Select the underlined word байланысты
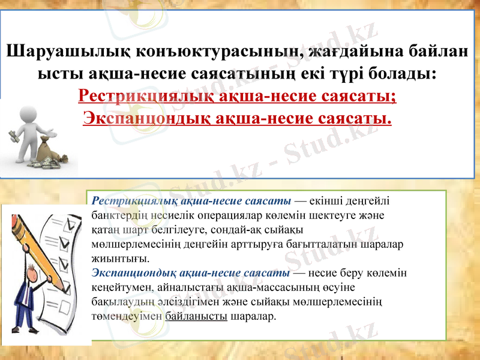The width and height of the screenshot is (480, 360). coord(196,316)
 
